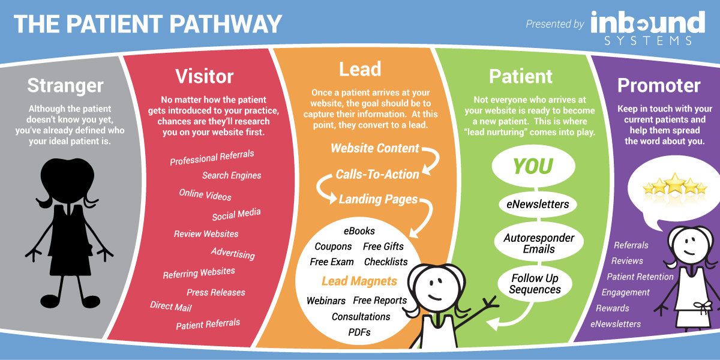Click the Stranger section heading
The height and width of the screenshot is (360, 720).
(x=65, y=85)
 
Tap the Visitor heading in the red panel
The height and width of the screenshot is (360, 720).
(x=205, y=77)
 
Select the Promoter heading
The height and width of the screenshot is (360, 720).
(x=659, y=85)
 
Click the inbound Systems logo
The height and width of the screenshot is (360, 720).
(x=647, y=28)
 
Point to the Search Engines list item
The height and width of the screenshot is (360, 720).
(x=232, y=175)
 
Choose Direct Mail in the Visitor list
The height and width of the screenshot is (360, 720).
(x=170, y=307)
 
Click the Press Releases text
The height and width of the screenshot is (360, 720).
(x=215, y=293)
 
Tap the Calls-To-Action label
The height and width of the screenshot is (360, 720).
(x=377, y=175)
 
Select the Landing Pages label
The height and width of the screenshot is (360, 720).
(x=379, y=199)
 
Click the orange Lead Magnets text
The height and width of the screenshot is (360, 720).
(x=359, y=281)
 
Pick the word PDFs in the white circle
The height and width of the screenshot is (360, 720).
(x=359, y=332)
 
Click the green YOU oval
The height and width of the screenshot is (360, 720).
(x=533, y=166)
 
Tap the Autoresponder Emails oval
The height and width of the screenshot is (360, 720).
(x=539, y=244)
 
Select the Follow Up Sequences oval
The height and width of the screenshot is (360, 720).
(x=535, y=283)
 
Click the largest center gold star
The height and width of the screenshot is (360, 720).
(x=674, y=184)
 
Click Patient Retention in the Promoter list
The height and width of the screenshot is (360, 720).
(x=640, y=277)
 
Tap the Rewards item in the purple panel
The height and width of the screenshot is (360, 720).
(x=613, y=308)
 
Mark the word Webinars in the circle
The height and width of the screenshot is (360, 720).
(x=326, y=301)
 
